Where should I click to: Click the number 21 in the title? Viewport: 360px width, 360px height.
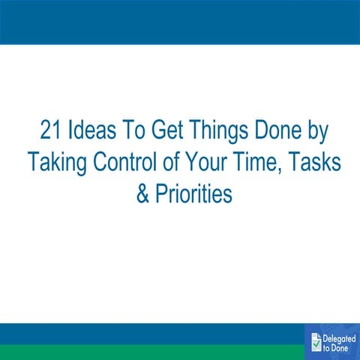pyautogui.click(x=52, y=130)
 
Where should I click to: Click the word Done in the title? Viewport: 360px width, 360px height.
pyautogui.click(x=282, y=130)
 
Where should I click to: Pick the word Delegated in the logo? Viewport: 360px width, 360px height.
pyautogui.click(x=339, y=337)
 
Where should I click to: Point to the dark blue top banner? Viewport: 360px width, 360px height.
pyautogui.click(x=180, y=22)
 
